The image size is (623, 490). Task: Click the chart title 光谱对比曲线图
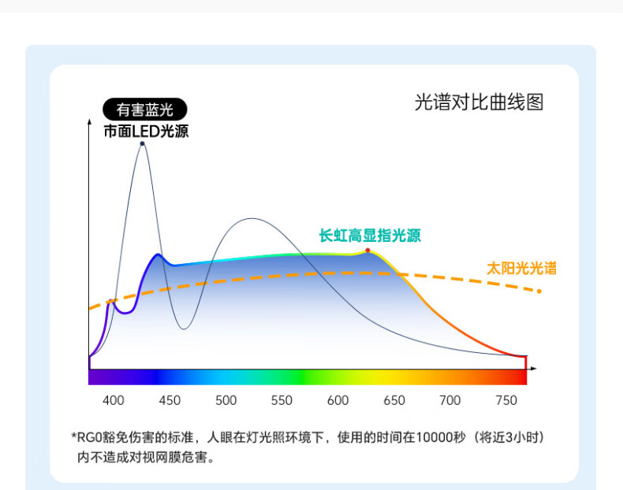[479, 102]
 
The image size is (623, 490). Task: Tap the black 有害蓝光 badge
[144, 110]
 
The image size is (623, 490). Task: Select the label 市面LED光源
[146, 131]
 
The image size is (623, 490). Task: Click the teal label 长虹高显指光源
[370, 236]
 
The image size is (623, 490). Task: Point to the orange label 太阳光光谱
[521, 268]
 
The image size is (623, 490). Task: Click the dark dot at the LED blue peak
[142, 143]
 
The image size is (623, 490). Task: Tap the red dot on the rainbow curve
[368, 250]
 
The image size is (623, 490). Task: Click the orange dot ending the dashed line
[539, 291]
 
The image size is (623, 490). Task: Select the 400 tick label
[114, 400]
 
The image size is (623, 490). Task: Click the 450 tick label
[170, 400]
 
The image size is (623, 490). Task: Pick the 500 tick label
[226, 400]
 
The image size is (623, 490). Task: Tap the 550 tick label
[282, 400]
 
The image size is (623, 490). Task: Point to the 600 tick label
[338, 400]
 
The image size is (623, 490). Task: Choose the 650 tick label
[394, 400]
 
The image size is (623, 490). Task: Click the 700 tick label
[450, 400]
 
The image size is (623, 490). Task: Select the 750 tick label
[506, 400]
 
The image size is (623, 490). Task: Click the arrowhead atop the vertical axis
[89, 121]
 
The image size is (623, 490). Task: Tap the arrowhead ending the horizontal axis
[534, 369]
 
